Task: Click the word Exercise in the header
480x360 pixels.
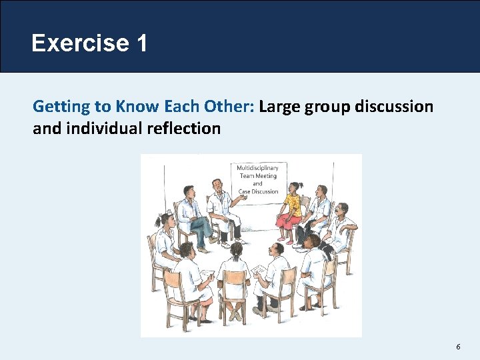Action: click(x=80, y=44)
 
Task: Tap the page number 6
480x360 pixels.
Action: click(x=458, y=347)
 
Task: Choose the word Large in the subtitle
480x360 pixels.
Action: click(x=280, y=107)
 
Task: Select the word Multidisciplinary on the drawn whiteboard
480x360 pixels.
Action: click(x=257, y=168)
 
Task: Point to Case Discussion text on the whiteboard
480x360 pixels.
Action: click(x=257, y=191)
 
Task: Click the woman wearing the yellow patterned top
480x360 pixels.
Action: click(x=292, y=201)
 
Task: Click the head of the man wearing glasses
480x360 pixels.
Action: click(x=341, y=211)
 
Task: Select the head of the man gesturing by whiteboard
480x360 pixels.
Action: click(x=217, y=185)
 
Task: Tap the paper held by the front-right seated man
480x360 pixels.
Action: click(x=259, y=270)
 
